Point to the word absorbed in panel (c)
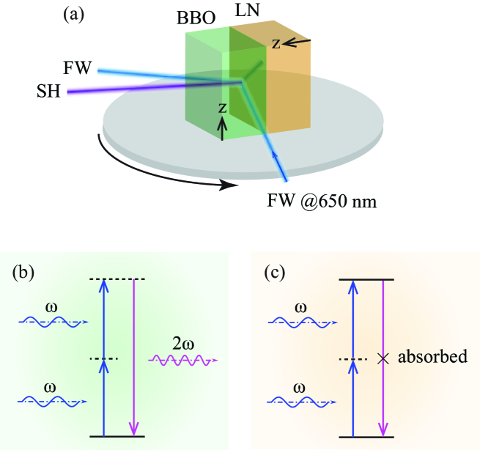(432, 358)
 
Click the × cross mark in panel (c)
(381, 358)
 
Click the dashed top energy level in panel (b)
(117, 279)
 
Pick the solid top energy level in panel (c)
(367, 279)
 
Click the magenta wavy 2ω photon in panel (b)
(181, 360)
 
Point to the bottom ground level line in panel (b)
(117, 437)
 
